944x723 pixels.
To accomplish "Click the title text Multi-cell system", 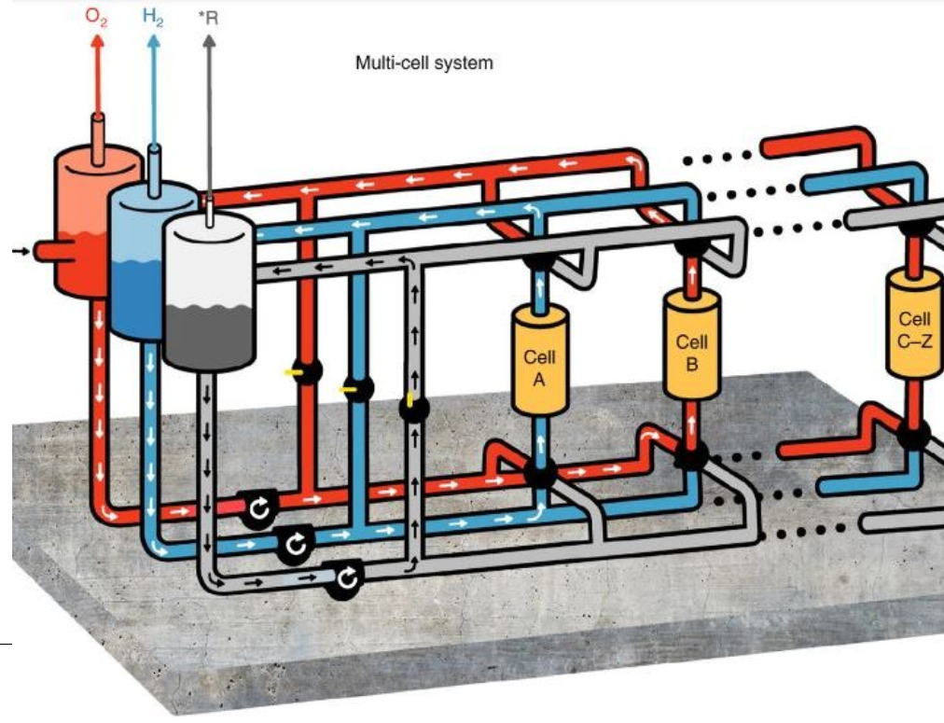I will tap(423, 63).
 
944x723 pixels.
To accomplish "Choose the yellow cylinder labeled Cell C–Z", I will tap(914, 325).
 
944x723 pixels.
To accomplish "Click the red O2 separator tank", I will tap(79, 224).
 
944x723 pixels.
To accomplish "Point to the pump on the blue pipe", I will tap(295, 544).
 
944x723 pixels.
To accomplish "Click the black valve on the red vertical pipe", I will tap(306, 370).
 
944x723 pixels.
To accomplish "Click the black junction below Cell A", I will tap(539, 471).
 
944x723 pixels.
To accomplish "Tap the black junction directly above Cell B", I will tap(691, 247).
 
